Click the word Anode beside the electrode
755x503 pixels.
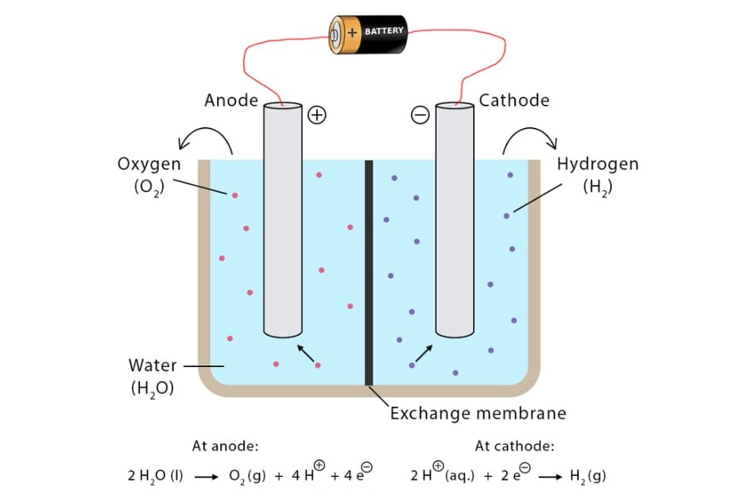[231, 100]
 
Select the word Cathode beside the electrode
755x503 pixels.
[513, 100]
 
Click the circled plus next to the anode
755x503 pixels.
[317, 115]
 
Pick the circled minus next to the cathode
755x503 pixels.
[420, 115]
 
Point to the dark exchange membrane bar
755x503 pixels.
[369, 270]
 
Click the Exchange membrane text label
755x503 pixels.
[478, 413]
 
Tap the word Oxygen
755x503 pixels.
[149, 164]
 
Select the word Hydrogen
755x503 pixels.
[598, 164]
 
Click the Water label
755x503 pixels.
[153, 366]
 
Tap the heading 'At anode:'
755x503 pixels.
[225, 446]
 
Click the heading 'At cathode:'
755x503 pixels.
[514, 446]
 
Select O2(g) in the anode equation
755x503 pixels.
[246, 477]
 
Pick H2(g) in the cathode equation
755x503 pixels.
[589, 477]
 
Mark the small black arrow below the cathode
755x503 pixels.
[424, 354]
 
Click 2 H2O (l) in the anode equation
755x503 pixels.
[156, 477]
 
